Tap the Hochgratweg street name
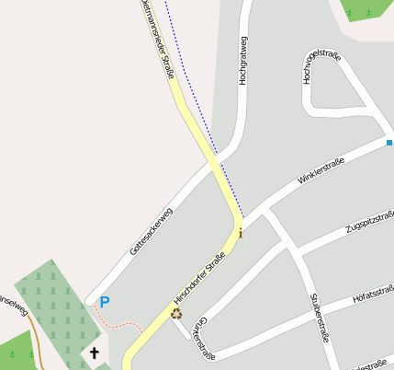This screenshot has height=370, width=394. (x=243, y=61)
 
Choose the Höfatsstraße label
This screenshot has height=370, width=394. (x=373, y=295)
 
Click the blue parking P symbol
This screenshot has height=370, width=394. (x=105, y=302)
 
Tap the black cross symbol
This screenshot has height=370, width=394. (x=94, y=353)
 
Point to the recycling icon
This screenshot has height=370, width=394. (x=175, y=313)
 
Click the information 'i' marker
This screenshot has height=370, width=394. (x=241, y=233)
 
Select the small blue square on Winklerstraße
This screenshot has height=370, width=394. (x=389, y=143)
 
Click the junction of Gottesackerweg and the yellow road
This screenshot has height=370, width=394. (x=214, y=162)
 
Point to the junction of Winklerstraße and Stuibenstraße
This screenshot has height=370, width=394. (x=266, y=214)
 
